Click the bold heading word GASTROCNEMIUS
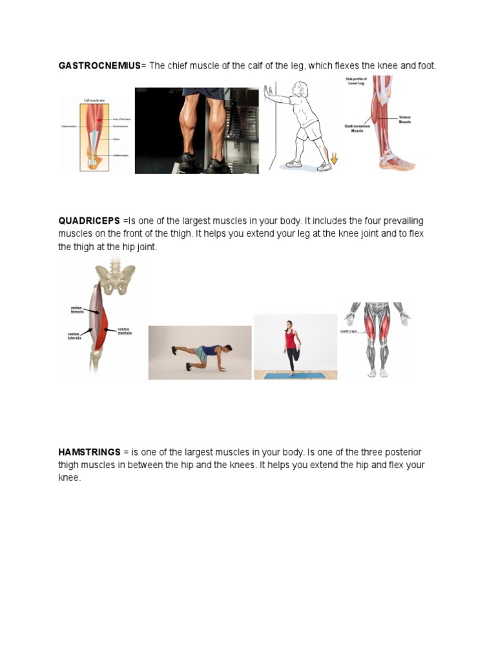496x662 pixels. (99, 66)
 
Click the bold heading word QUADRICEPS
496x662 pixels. (89, 221)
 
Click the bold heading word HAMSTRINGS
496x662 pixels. (89, 453)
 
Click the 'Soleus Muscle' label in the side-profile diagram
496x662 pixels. (405, 119)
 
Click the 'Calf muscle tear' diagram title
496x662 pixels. (95, 100)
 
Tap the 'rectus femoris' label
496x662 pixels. (77, 309)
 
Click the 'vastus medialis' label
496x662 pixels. (125, 330)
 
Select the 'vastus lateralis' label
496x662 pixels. (74, 336)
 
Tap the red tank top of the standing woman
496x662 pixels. (291, 339)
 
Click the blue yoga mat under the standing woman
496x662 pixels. (295, 374)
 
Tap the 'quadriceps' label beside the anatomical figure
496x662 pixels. (349, 330)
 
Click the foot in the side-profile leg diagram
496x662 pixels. (397, 162)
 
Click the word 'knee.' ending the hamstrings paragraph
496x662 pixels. (69, 478)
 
